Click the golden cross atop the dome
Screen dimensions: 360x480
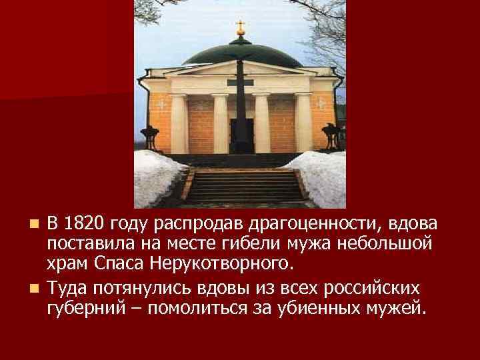tap(241, 28)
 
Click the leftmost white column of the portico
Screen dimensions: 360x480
tap(178, 123)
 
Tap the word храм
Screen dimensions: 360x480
tap(69, 262)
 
